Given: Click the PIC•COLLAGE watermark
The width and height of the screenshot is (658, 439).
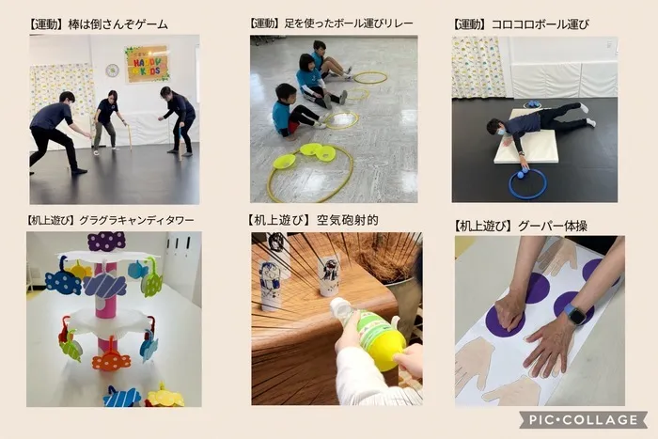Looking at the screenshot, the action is click(583, 419).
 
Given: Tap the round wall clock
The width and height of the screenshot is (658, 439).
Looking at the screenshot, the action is click(112, 71).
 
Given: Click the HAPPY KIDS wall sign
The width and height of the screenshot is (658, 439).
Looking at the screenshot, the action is click(147, 64).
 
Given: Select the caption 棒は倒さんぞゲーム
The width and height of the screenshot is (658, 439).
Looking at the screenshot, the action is click(117, 24).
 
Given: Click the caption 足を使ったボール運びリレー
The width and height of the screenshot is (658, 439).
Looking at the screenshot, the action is click(349, 24).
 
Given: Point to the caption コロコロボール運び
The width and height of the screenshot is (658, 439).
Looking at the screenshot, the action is click(540, 24).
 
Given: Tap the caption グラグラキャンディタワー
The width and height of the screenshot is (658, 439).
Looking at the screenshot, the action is click(136, 220).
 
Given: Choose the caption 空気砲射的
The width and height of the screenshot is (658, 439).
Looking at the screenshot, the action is click(348, 220).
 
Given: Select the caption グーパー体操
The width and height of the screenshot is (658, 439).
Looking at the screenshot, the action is click(553, 226).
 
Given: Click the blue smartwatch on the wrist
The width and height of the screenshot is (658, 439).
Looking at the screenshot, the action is click(575, 314).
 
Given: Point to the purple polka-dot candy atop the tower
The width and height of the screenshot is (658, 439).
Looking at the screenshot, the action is click(106, 242).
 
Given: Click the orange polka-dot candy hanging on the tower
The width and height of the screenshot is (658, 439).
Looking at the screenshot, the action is click(111, 360).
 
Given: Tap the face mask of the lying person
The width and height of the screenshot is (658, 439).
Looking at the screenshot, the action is click(499, 133).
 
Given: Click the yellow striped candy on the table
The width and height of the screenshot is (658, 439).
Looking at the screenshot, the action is click(164, 396).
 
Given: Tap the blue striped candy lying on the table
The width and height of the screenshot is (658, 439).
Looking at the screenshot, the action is click(122, 397).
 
